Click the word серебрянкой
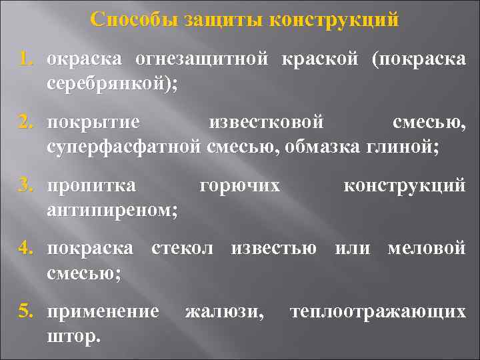click(x=109, y=84)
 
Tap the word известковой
click(x=266, y=123)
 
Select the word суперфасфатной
click(x=123, y=147)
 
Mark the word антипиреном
click(x=111, y=211)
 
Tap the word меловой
click(x=427, y=248)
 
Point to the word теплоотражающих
click(x=378, y=311)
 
